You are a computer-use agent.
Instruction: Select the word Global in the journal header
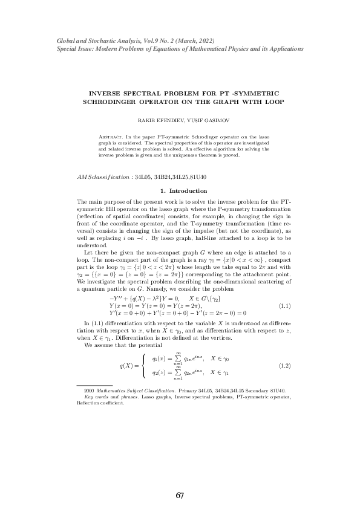[x=65, y=40]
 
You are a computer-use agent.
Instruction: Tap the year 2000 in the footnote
[x=90, y=391]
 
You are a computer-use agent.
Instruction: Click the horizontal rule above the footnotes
[x=94, y=385]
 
